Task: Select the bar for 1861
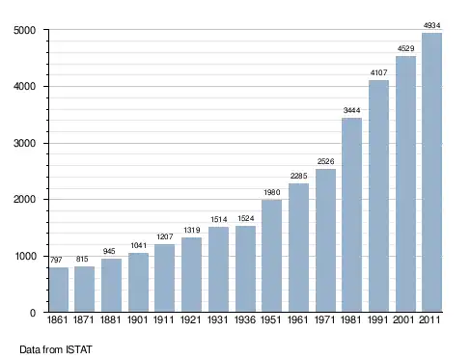tap(59, 290)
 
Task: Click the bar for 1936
tap(245, 269)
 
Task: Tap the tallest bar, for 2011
tap(431, 173)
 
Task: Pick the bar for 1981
tap(351, 215)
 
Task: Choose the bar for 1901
tap(138, 283)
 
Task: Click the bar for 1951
tap(271, 256)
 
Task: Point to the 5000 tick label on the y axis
tap(24, 30)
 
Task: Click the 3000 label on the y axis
tap(24, 143)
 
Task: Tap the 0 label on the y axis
tap(33, 313)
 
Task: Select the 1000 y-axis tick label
tap(25, 256)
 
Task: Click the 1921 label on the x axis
tap(190, 319)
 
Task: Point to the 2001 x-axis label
tap(403, 319)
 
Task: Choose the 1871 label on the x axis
tap(83, 319)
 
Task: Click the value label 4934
tap(431, 25)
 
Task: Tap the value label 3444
tap(351, 110)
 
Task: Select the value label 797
tap(56, 260)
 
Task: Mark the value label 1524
tap(246, 218)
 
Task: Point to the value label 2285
tap(298, 176)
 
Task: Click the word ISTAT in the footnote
tap(79, 349)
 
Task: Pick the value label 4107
tap(378, 72)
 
